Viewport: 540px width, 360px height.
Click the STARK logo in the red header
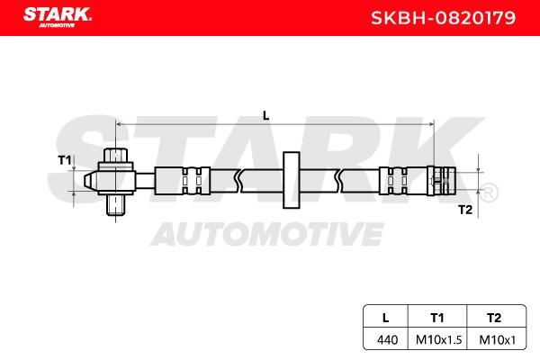click(58, 17)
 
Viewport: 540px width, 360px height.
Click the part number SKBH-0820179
click(443, 18)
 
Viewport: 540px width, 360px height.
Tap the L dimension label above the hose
click(265, 116)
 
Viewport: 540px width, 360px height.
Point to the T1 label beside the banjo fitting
click(65, 160)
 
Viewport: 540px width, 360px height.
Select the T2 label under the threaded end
click(465, 210)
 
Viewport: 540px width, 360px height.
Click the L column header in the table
click(386, 318)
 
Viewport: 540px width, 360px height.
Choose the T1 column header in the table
click(437, 318)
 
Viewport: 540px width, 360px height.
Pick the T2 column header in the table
click(494, 318)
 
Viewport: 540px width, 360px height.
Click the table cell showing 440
click(387, 340)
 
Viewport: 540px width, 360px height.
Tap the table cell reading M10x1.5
click(438, 340)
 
